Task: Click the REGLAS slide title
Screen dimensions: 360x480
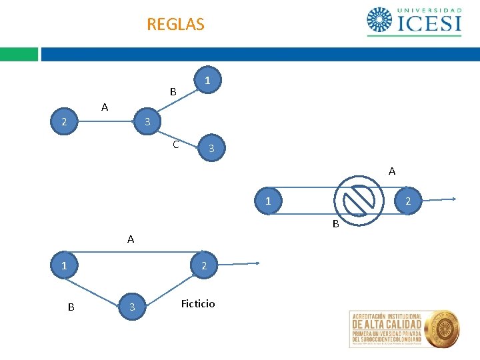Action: click(x=175, y=25)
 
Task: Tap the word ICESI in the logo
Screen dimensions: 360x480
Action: click(x=429, y=23)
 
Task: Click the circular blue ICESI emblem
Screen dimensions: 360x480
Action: click(x=380, y=20)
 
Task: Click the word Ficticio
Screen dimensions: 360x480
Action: click(x=198, y=304)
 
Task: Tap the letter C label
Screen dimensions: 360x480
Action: click(x=175, y=144)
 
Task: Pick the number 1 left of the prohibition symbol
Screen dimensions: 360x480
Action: click(x=267, y=201)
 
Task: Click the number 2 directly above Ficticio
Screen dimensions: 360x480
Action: click(x=205, y=267)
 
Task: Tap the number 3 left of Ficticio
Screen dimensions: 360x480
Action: click(x=132, y=307)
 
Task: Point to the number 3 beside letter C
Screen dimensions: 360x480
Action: click(x=211, y=148)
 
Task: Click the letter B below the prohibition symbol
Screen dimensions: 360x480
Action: click(x=336, y=224)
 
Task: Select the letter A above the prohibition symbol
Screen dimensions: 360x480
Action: click(x=392, y=171)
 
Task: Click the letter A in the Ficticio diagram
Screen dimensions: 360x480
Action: click(x=131, y=239)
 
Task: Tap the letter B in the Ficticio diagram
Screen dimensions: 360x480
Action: click(x=71, y=307)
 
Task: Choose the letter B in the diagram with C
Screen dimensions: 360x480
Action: click(x=173, y=92)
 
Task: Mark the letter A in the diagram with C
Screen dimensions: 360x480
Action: click(x=105, y=107)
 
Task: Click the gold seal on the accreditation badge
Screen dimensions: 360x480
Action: click(x=442, y=328)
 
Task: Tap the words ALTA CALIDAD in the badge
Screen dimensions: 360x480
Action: click(x=387, y=325)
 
